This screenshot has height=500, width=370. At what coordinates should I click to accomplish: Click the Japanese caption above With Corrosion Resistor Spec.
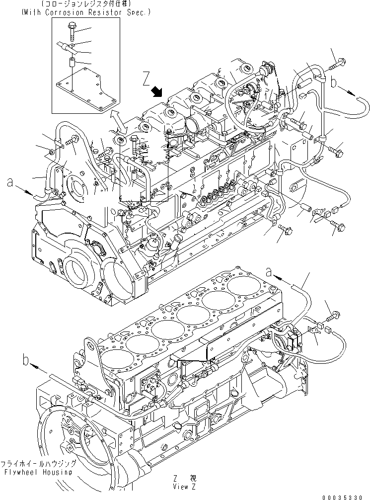pos(86,4)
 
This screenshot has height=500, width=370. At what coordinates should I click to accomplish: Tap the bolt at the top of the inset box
pos(73,34)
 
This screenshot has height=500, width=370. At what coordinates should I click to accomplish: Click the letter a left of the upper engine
pos(9,183)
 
